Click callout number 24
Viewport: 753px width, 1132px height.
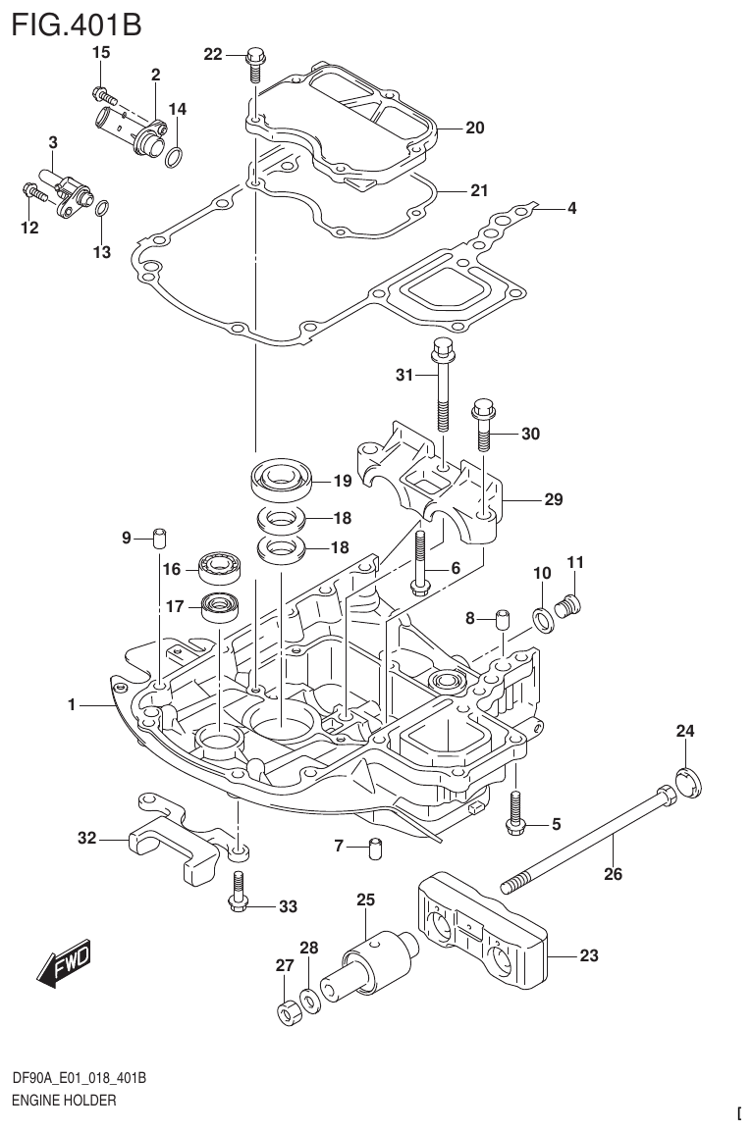(684, 730)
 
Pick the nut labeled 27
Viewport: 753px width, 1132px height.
(288, 1012)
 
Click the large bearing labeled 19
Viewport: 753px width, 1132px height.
(281, 480)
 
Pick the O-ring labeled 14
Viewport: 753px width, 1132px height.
(174, 157)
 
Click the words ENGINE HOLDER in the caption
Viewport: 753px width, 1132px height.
(63, 1101)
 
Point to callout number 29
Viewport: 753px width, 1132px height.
(553, 499)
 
